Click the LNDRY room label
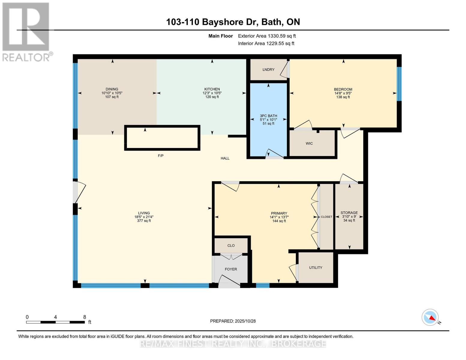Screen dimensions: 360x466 [x=268, y=70]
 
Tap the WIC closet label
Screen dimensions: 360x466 [x=309, y=143]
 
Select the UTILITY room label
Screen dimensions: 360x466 [x=315, y=268]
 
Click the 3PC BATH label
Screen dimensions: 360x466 [x=268, y=116]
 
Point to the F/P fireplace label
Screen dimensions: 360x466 [x=161, y=156]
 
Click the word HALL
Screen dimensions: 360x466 [x=225, y=158]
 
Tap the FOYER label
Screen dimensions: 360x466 [x=231, y=269]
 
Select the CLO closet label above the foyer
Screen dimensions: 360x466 [x=231, y=246]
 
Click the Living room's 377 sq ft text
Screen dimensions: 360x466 [x=144, y=221]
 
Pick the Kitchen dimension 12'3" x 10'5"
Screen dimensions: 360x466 [x=212, y=93]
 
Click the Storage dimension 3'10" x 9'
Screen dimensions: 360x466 [x=349, y=217]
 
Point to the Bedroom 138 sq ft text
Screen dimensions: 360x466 [x=343, y=97]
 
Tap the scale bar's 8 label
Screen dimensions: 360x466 [x=85, y=317]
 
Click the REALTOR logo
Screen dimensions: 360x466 [x=26, y=31]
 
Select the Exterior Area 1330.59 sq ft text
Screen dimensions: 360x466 [x=267, y=36]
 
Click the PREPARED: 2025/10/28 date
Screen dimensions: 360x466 [x=233, y=321]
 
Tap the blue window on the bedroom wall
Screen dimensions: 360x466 [x=399, y=84]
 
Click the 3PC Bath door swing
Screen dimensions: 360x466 [x=274, y=153]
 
